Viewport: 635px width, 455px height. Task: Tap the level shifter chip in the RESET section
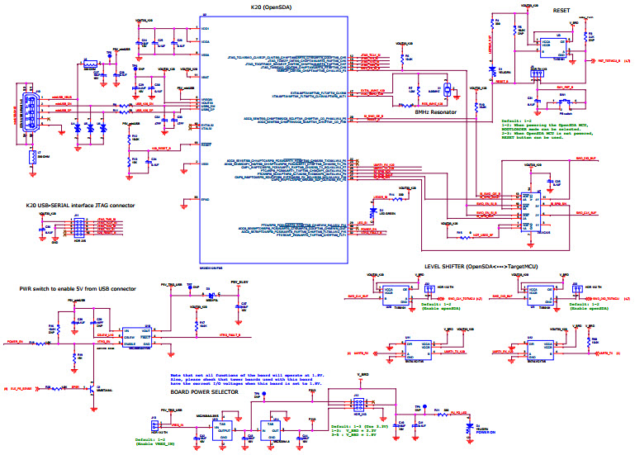click(x=558, y=45)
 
